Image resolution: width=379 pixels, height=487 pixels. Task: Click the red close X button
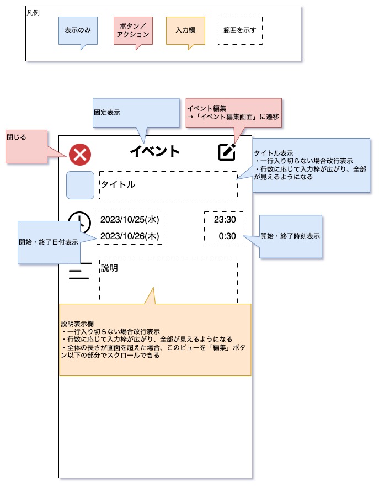(80, 155)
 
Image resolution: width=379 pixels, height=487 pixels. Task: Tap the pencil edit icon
(227, 152)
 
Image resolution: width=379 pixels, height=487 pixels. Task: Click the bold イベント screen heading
(155, 151)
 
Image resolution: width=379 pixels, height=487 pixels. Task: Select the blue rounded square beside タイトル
(80, 185)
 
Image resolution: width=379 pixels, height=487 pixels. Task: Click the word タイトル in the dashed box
(118, 184)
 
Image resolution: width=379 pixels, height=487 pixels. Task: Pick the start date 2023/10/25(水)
(130, 220)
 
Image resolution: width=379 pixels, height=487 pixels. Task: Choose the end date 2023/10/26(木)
(130, 236)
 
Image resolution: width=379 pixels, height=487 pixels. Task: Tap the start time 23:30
(225, 220)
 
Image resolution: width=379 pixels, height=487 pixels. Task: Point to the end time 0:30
(227, 236)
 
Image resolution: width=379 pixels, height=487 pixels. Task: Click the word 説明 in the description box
(109, 268)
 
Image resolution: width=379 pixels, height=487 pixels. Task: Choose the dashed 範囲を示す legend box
(240, 30)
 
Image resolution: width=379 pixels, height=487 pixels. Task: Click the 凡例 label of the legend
(33, 13)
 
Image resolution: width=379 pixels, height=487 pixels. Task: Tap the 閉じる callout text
(17, 137)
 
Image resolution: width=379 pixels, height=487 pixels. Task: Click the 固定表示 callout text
(107, 113)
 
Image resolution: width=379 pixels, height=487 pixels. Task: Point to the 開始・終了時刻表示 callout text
(290, 236)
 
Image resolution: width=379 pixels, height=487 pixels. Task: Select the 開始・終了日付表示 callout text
(49, 242)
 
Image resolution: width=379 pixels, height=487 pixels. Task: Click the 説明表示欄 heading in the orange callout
(77, 324)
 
